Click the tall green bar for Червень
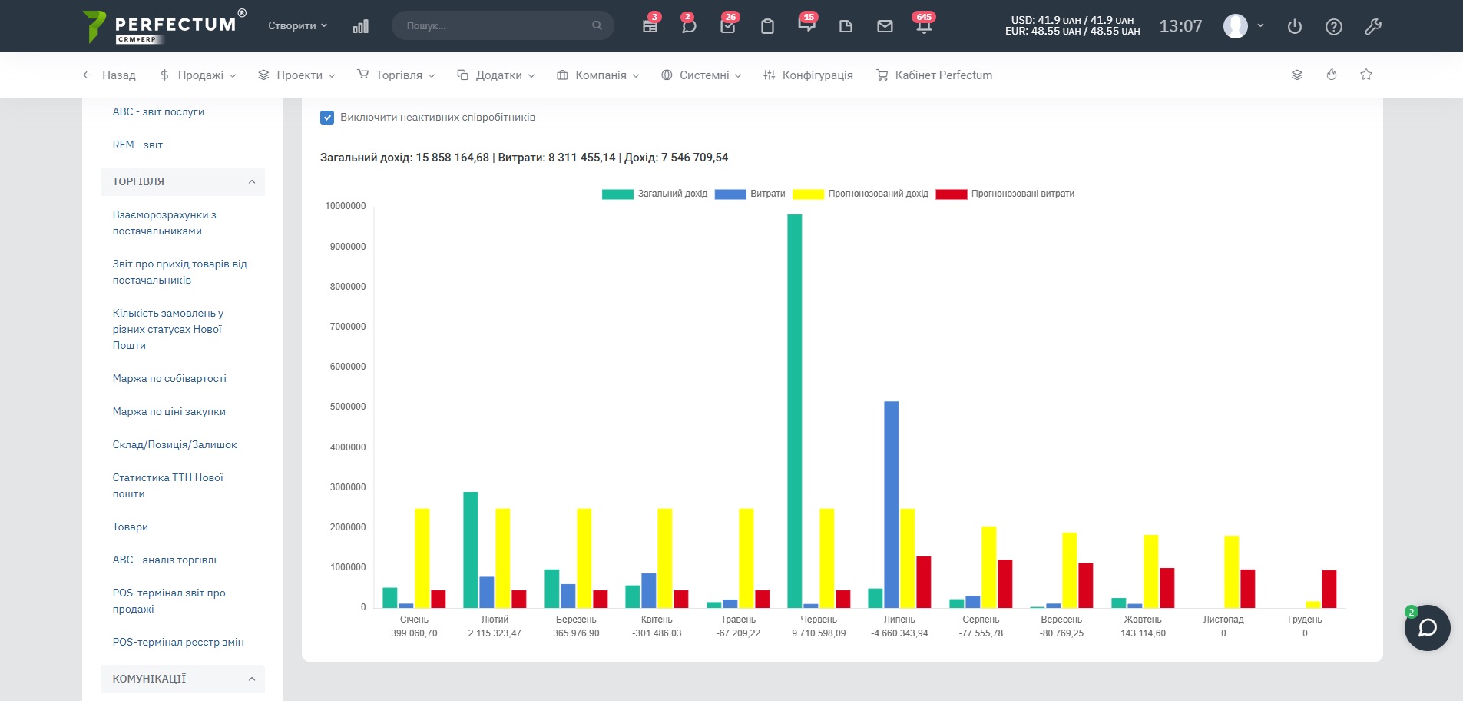794,411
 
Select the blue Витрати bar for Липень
891,504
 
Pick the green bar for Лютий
470,550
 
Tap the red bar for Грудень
1329,589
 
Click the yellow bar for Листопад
1231,572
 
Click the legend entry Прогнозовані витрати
1005,194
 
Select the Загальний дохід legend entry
655,194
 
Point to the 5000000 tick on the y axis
348,407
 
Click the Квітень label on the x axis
657,620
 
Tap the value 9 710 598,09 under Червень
819,633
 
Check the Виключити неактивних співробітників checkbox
327,118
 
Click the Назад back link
109,75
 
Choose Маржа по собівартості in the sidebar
170,378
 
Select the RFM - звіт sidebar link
137,145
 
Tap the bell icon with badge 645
924,25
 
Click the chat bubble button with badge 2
1427,628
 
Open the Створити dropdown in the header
298,25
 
